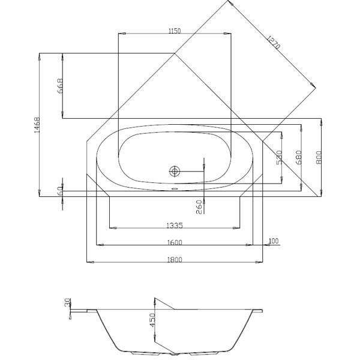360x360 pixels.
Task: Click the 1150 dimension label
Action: [x=175, y=31]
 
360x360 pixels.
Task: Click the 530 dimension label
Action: [x=278, y=157]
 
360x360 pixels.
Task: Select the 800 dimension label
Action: [x=320, y=157]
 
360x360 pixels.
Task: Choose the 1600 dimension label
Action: [x=175, y=242]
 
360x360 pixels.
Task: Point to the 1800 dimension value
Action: [x=175, y=260]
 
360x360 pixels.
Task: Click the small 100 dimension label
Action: [x=273, y=241]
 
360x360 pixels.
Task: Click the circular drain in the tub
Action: [x=175, y=171]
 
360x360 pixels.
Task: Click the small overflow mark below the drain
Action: [x=175, y=187]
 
